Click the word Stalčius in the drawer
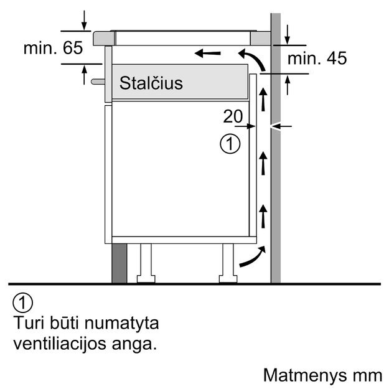coord(151,83)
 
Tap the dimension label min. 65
coord(53,49)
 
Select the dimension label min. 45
coord(317,59)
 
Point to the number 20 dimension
coord(233,116)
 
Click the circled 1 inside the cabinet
coord(230,144)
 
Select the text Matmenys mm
coord(322,375)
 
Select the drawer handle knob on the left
coord(96,80)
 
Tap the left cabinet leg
coord(145,261)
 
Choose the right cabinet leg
coord(225,261)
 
